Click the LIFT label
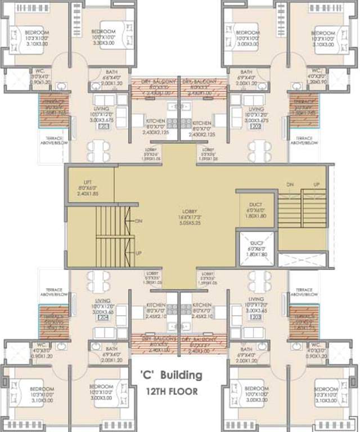pos(87,183)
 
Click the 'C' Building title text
pos(170,375)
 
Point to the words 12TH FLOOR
pos(172,391)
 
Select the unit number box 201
pos(103,127)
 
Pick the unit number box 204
pos(103,317)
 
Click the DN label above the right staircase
pos(290,184)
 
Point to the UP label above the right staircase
pos(316,184)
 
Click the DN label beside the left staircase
pos(139,221)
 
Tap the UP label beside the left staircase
pos(138,253)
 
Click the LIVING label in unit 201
pos(103,109)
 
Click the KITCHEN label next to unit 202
pos(201,123)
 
